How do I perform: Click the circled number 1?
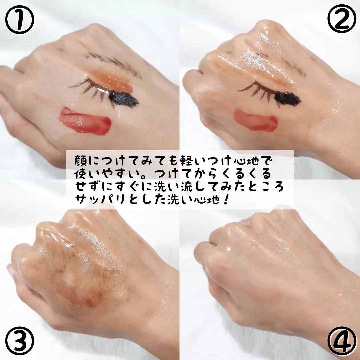coord(20,20)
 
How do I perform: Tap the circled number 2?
coord(342,19)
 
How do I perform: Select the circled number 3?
coord(20,341)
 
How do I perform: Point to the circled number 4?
coord(342,341)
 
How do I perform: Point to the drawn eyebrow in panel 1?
coord(114,64)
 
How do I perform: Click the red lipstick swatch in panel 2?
coord(256,120)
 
